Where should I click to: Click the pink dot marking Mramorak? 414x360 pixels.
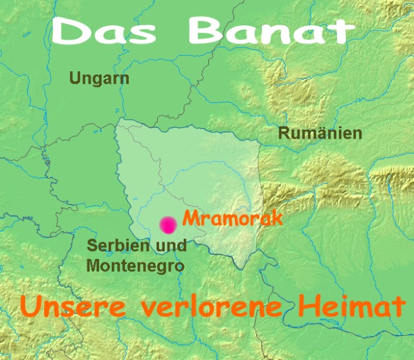click(x=168, y=225)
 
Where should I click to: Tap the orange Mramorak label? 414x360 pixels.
click(x=232, y=218)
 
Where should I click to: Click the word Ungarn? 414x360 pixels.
click(x=99, y=79)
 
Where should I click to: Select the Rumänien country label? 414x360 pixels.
click(x=320, y=134)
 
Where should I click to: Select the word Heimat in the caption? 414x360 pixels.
click(x=343, y=306)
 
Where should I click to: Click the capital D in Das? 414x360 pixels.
click(x=69, y=32)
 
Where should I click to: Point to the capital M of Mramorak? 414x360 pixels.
click(x=190, y=219)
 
